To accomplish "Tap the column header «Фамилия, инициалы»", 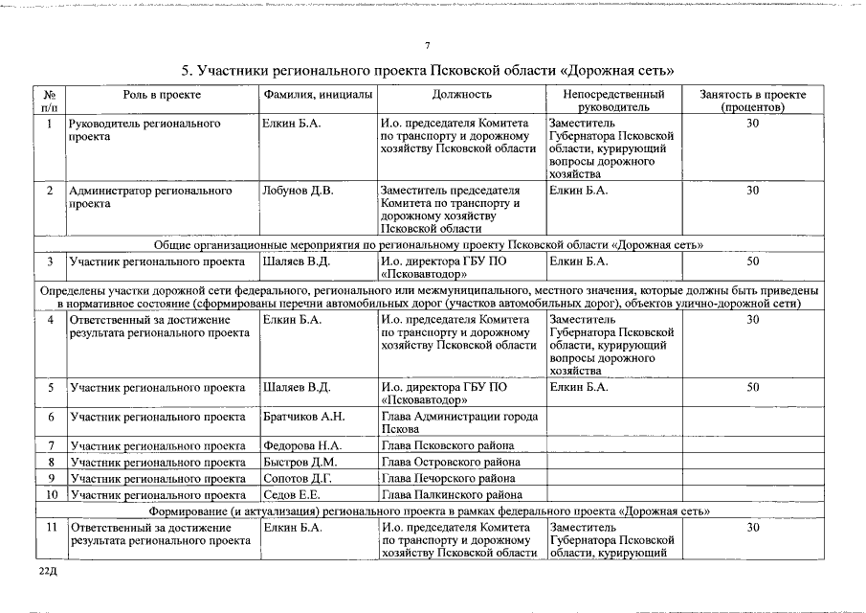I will [x=318, y=95].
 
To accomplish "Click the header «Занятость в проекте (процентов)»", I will [x=752, y=102].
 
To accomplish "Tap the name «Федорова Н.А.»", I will [x=301, y=446].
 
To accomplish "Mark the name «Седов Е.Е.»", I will [x=292, y=495].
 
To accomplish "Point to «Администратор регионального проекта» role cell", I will [x=150, y=197].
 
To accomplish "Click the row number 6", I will [x=50, y=417].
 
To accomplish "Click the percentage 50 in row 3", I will [x=752, y=261].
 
